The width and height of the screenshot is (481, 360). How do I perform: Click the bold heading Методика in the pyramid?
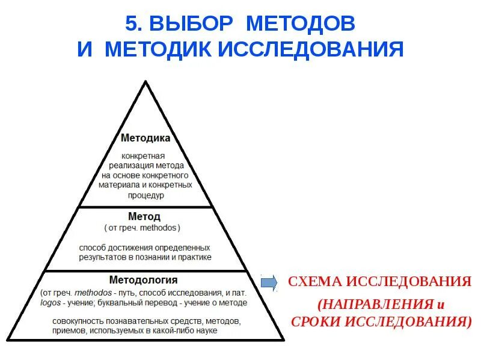click(x=146, y=138)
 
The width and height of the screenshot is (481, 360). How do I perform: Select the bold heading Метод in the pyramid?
click(x=144, y=216)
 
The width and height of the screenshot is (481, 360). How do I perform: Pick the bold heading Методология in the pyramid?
click(x=143, y=279)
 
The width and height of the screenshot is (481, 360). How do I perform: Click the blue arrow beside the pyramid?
click(x=268, y=281)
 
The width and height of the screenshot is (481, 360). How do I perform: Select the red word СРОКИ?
click(x=317, y=321)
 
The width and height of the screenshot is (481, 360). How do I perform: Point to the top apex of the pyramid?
click(x=145, y=81)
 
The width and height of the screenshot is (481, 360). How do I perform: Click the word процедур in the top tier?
click(x=146, y=195)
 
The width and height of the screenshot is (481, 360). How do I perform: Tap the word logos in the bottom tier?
click(x=51, y=302)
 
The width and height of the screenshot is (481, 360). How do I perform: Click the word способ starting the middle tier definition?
click(x=92, y=247)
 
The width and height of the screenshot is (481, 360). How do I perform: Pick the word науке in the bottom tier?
click(x=204, y=330)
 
